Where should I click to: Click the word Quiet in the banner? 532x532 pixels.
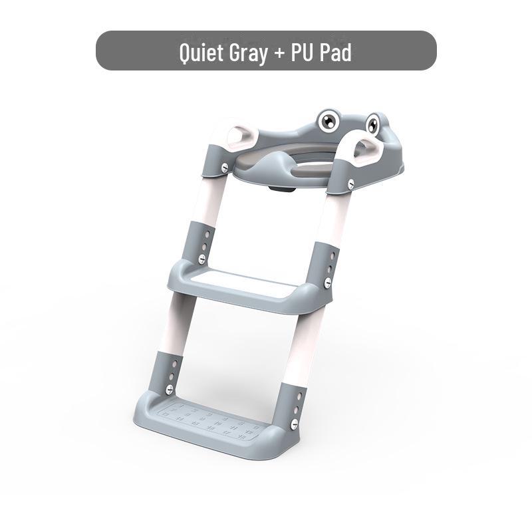pyautogui.click(x=201, y=53)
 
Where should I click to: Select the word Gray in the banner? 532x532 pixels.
pyautogui.click(x=248, y=54)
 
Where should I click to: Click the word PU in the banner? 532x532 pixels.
pyautogui.click(x=302, y=53)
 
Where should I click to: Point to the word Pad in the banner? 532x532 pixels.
pyautogui.click(x=336, y=53)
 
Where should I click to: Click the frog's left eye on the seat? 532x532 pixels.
pyautogui.click(x=328, y=120)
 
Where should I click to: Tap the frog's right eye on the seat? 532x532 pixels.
pyautogui.click(x=373, y=124)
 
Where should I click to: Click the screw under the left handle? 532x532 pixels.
pyautogui.click(x=225, y=168)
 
